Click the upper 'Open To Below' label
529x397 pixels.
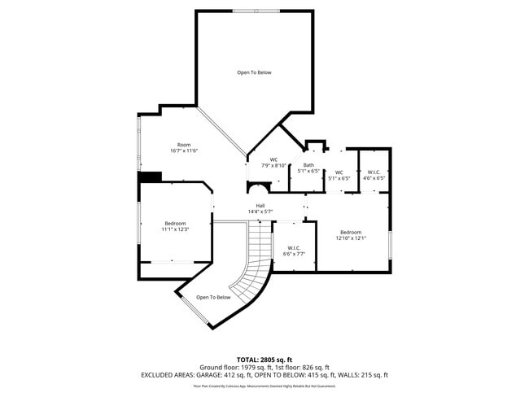[x=254, y=73]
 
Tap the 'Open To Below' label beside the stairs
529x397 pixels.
[x=213, y=298]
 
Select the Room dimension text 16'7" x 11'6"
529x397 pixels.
[x=185, y=151]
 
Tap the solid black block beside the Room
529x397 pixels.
[x=150, y=177]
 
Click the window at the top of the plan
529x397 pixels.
[x=255, y=11]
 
